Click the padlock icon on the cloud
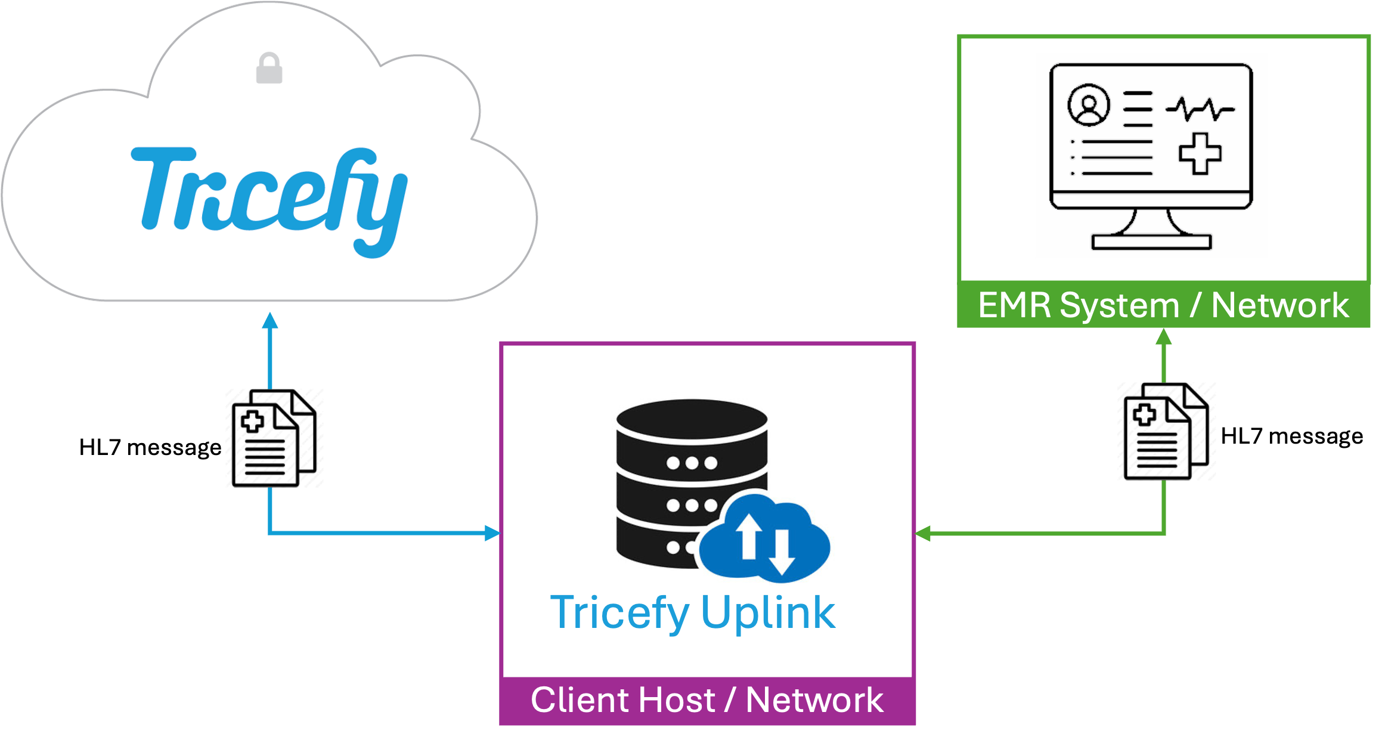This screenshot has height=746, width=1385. pyautogui.click(x=269, y=68)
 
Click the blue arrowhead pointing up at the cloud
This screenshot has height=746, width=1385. pyautogui.click(x=271, y=321)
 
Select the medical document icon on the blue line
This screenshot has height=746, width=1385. pyautogui.click(x=274, y=438)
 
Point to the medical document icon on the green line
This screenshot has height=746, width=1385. pyautogui.click(x=1166, y=431)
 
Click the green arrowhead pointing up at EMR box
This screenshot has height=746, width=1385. pyautogui.click(x=1164, y=337)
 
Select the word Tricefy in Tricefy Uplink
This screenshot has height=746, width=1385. pyautogui.click(x=619, y=613)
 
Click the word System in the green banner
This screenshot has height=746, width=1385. pyautogui.click(x=1120, y=306)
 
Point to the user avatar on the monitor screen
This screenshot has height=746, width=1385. pyautogui.click(x=1089, y=105)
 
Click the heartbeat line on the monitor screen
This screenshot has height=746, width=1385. pyautogui.click(x=1200, y=109)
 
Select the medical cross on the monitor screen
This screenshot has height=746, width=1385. pyautogui.click(x=1200, y=153)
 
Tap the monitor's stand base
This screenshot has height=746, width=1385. pyautogui.click(x=1151, y=242)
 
